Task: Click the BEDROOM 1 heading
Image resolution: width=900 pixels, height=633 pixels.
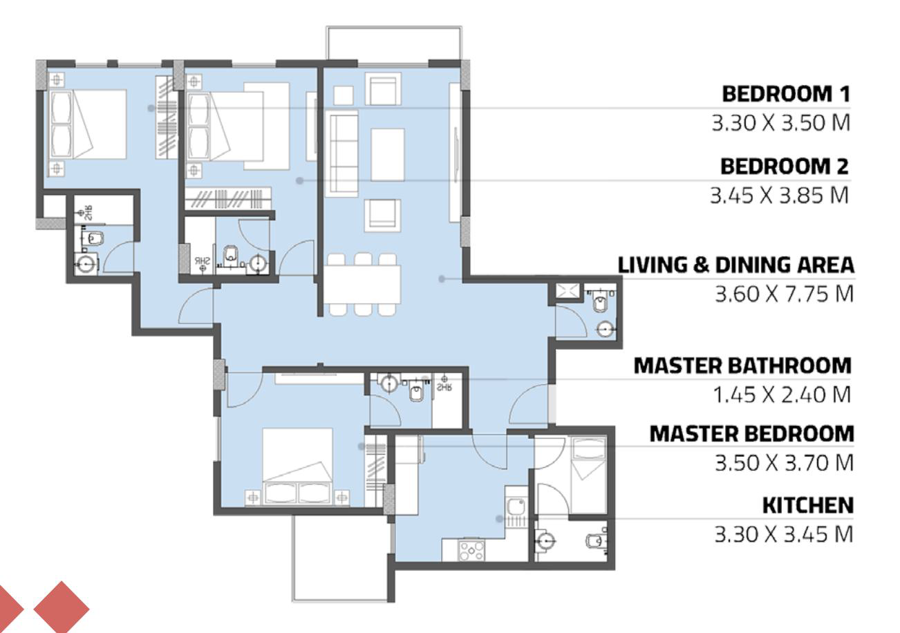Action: [786, 94]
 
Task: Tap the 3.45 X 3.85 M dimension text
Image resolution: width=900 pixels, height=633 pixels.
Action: [779, 196]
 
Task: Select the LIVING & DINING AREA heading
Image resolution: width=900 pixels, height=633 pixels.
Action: [735, 265]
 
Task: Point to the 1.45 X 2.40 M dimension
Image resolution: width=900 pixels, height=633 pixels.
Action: [782, 395]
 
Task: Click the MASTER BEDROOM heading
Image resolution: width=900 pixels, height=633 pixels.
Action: [751, 434]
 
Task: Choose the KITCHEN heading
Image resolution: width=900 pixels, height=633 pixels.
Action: [808, 505]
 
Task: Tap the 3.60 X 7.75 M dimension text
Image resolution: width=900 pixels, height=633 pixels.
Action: [784, 294]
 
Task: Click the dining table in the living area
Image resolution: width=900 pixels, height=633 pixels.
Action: [362, 284]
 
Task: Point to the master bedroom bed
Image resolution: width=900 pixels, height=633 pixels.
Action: [297, 466]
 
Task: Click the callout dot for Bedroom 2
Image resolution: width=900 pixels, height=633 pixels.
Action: [299, 181]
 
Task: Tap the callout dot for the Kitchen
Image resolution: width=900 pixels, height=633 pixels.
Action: [499, 519]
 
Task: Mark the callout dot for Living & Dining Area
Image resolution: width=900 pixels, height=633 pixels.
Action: [442, 278]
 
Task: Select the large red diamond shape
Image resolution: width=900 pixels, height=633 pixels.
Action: [61, 607]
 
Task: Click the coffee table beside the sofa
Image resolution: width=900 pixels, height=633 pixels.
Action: [387, 155]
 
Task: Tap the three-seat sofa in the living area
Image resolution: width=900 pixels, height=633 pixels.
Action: [344, 154]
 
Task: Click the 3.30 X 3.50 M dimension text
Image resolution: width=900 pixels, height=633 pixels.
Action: [781, 123]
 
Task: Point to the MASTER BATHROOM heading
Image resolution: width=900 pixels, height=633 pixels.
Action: [742, 366]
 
